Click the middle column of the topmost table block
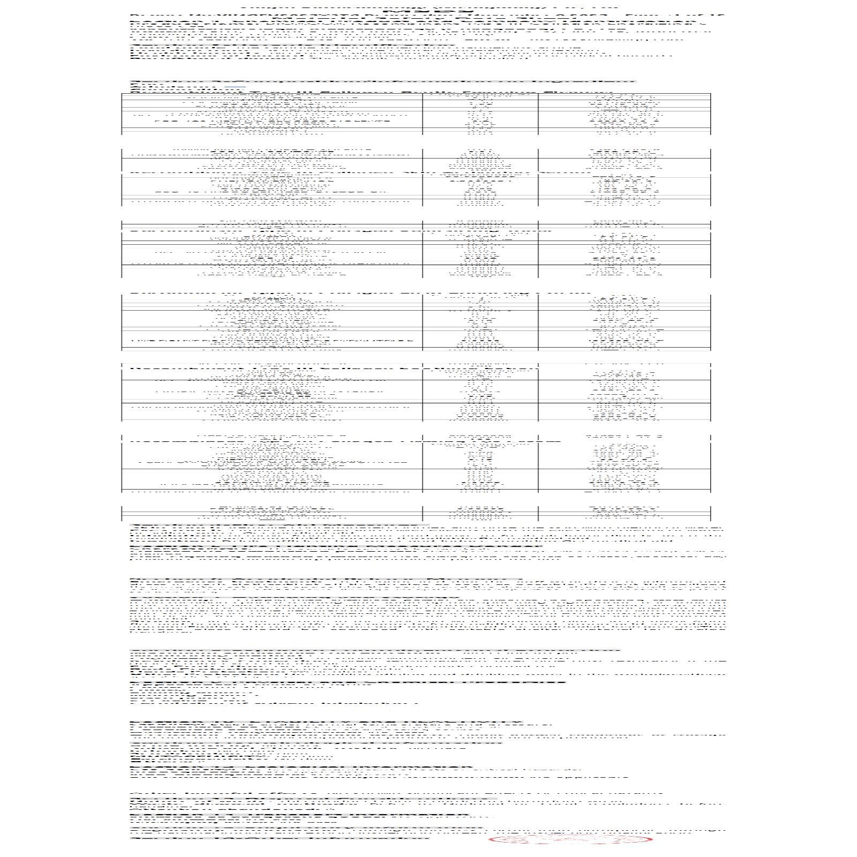point(480,114)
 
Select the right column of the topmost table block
point(624,114)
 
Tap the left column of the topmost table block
point(272,114)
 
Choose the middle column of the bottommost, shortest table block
point(480,513)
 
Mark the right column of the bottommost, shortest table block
point(624,513)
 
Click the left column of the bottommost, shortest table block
point(272,513)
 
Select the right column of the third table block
point(624,250)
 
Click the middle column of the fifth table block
point(480,394)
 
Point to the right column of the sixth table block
point(624,464)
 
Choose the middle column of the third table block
point(480,250)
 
